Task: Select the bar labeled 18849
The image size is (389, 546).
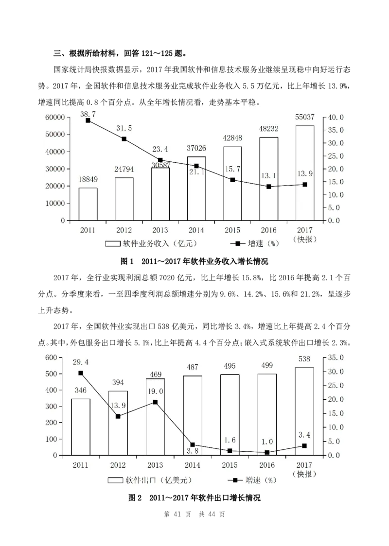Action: pos(88,204)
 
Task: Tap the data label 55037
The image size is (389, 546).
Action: pos(305,117)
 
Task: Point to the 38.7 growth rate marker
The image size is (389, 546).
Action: pos(88,120)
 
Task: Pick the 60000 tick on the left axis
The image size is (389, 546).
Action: pos(55,117)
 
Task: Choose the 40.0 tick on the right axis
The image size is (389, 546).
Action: pos(336,117)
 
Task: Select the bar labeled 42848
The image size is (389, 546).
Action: pos(232,184)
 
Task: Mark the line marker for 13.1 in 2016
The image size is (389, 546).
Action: pos(268,187)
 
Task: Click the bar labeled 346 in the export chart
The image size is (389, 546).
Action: pos(81,427)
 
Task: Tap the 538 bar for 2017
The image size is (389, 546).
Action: pos(304,411)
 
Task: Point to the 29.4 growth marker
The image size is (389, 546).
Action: pos(81,373)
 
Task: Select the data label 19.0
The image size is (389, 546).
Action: pos(156,391)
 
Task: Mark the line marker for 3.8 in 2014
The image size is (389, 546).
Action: pos(193,444)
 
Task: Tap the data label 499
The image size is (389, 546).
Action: pos(267,365)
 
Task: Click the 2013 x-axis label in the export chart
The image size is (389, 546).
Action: pos(155,465)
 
